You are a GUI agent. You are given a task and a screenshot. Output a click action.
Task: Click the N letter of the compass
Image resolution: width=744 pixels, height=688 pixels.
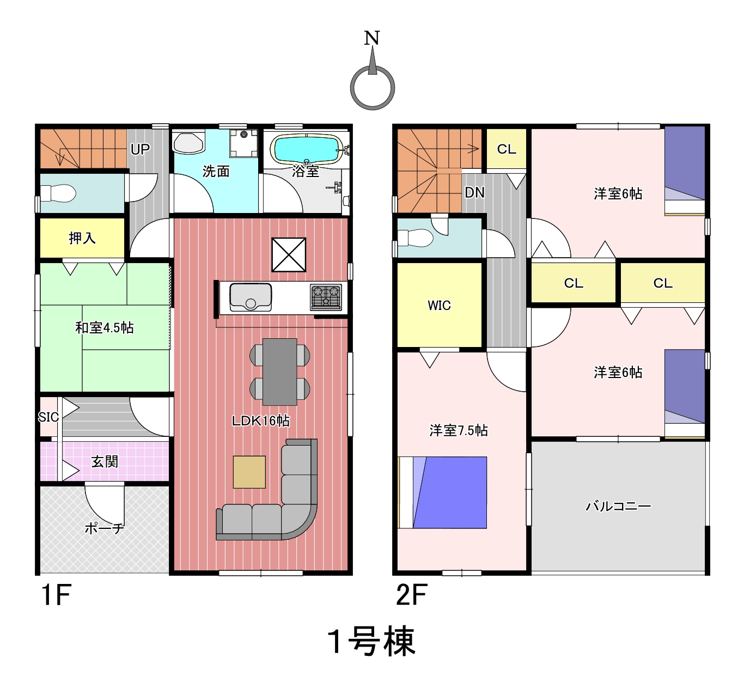[x=372, y=38]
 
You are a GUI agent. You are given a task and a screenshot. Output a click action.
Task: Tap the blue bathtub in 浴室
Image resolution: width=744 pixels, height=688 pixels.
[x=307, y=149]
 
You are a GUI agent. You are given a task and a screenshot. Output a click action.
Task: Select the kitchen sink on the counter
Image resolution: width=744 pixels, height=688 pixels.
[x=251, y=297]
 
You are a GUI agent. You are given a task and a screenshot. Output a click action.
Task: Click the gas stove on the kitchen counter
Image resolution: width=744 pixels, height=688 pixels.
[x=326, y=297]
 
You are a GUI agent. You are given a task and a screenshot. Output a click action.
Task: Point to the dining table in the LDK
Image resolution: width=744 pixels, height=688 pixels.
[x=280, y=372]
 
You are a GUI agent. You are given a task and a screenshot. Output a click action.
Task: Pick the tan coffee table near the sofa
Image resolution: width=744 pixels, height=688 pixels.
[x=249, y=472]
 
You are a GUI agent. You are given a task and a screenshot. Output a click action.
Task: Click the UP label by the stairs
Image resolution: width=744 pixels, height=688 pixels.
[x=140, y=149]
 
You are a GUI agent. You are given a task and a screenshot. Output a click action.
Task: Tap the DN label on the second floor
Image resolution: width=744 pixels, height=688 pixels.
[x=474, y=193]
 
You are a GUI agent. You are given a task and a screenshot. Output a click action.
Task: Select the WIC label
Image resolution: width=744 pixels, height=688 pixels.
[x=439, y=306]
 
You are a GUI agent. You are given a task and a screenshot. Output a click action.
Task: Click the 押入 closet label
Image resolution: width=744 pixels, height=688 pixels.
[x=82, y=238]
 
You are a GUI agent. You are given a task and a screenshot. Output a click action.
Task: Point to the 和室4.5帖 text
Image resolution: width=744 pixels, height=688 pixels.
[x=105, y=328]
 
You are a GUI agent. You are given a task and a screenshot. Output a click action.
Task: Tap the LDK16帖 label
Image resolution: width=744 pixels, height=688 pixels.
[x=261, y=421]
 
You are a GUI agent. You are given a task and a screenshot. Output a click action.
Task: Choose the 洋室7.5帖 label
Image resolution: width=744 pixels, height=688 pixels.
[x=459, y=430]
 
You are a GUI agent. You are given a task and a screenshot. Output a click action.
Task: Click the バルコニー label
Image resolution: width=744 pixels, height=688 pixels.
[x=618, y=507]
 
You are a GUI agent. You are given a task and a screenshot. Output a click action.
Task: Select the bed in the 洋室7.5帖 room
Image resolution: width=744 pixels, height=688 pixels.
[x=443, y=492]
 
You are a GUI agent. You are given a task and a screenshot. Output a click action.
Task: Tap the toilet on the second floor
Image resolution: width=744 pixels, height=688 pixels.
[x=415, y=238]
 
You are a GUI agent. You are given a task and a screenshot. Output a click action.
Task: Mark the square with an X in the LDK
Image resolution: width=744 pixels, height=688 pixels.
[x=289, y=255]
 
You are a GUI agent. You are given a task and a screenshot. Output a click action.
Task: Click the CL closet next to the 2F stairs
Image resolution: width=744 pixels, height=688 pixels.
[x=507, y=149]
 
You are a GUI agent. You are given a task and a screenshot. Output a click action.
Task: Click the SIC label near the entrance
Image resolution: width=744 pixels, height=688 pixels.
[x=48, y=417]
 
